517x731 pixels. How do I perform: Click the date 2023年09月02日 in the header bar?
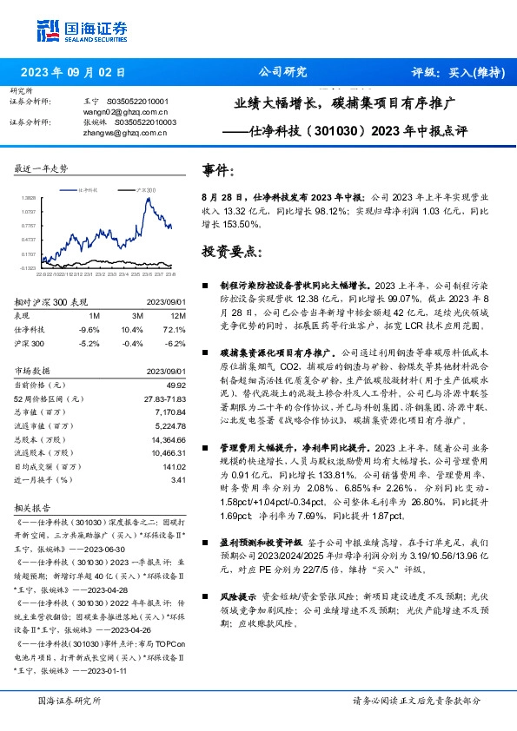click(x=73, y=73)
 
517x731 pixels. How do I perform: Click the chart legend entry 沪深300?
click(x=146, y=188)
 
